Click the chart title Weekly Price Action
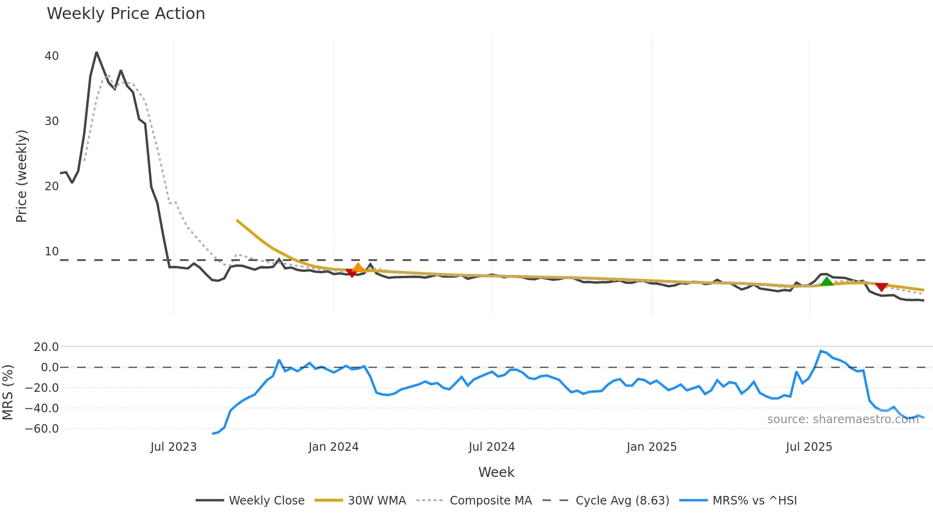tap(126, 14)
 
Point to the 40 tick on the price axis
tap(51, 56)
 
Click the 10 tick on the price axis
tap(51, 252)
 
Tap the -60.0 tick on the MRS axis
tap(42, 429)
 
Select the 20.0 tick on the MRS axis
tap(46, 347)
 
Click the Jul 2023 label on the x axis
tap(173, 447)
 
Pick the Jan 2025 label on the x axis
tap(651, 447)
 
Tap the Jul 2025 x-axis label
tap(809, 447)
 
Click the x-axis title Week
tap(496, 472)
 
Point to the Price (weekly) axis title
tap(21, 176)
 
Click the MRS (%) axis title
tap(8, 392)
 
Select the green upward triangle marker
tap(827, 281)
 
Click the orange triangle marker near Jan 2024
tap(358, 268)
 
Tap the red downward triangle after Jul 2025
tap(882, 287)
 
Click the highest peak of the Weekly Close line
tap(97, 52)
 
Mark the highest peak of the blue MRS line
tap(821, 351)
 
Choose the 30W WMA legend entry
tap(360, 501)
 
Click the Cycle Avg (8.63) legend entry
tap(605, 501)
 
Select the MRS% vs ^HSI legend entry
tap(738, 501)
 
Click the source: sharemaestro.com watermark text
tap(843, 419)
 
